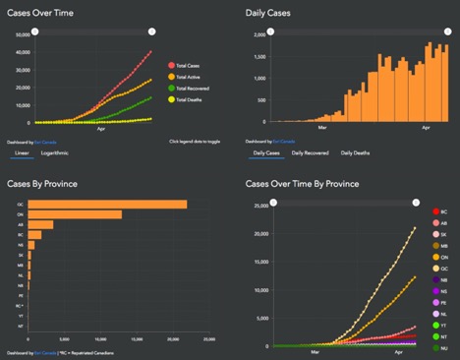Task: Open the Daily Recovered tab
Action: click(309, 153)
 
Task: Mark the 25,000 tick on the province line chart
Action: click(259, 206)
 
